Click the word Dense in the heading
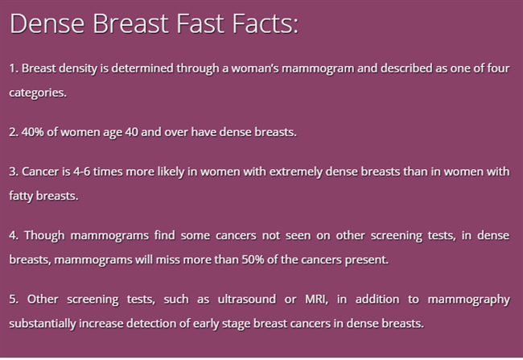coord(47,23)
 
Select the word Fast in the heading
coord(200,23)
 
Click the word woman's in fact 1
coord(255,68)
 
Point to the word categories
coord(38,93)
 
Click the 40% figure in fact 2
coord(33,132)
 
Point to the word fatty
coord(21,196)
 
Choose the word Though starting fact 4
coord(44,235)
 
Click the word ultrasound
coord(247,299)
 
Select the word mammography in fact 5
coord(468,300)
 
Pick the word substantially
coord(43,324)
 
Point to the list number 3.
coord(13,172)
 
